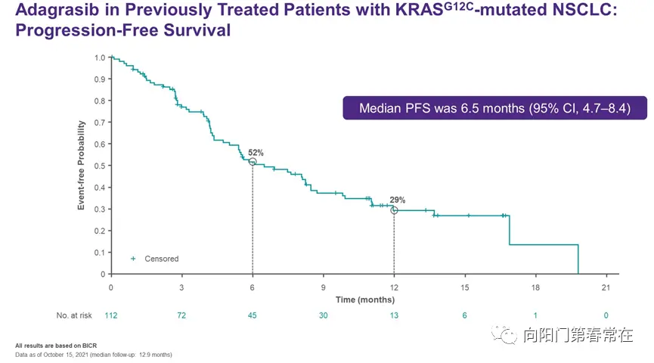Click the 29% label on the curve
pos(398,200)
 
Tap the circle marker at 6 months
pos(253,162)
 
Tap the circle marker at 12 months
pos(394,210)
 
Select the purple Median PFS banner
pos(495,107)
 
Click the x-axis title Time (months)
pos(365,300)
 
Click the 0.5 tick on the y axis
pos(99,166)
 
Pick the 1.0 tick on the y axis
pos(99,57)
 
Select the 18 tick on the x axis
pos(535,287)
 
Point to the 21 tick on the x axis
pos(606,287)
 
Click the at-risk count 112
pos(111,315)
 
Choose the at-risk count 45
pos(253,315)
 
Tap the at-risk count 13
pos(394,315)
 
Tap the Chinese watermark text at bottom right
pos(578,335)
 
